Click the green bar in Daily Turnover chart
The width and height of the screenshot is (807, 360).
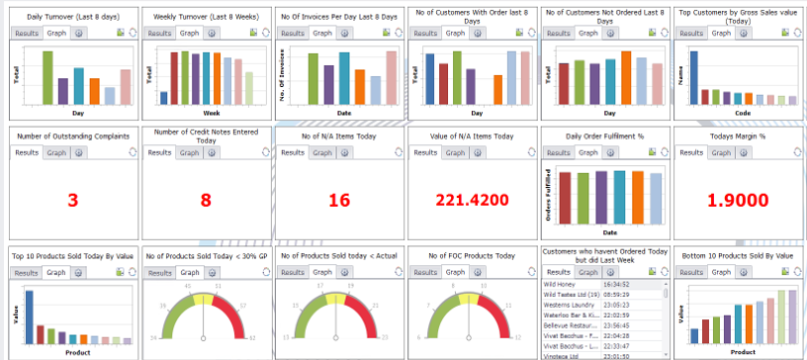46,77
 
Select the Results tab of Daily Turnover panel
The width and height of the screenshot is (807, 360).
27,33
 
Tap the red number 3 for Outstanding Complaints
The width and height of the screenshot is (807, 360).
72,201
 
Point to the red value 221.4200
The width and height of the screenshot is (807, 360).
472,201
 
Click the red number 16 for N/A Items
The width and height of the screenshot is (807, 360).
339,201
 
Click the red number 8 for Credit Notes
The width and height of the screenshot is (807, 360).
206,201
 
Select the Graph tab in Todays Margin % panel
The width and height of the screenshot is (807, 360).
720,152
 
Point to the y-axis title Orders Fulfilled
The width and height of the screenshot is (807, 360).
549,194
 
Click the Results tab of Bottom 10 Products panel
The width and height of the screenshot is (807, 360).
690,272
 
